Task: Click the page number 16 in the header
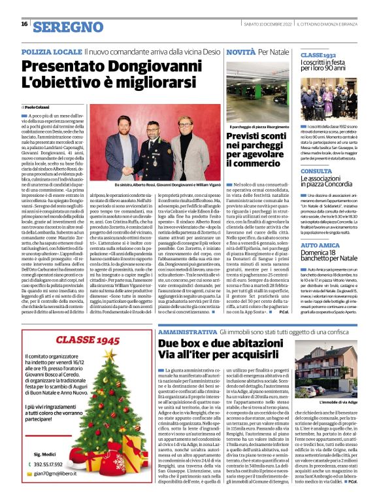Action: pos(24,24)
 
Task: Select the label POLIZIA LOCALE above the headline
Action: pos(51,50)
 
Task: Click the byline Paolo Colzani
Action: pos(40,107)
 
